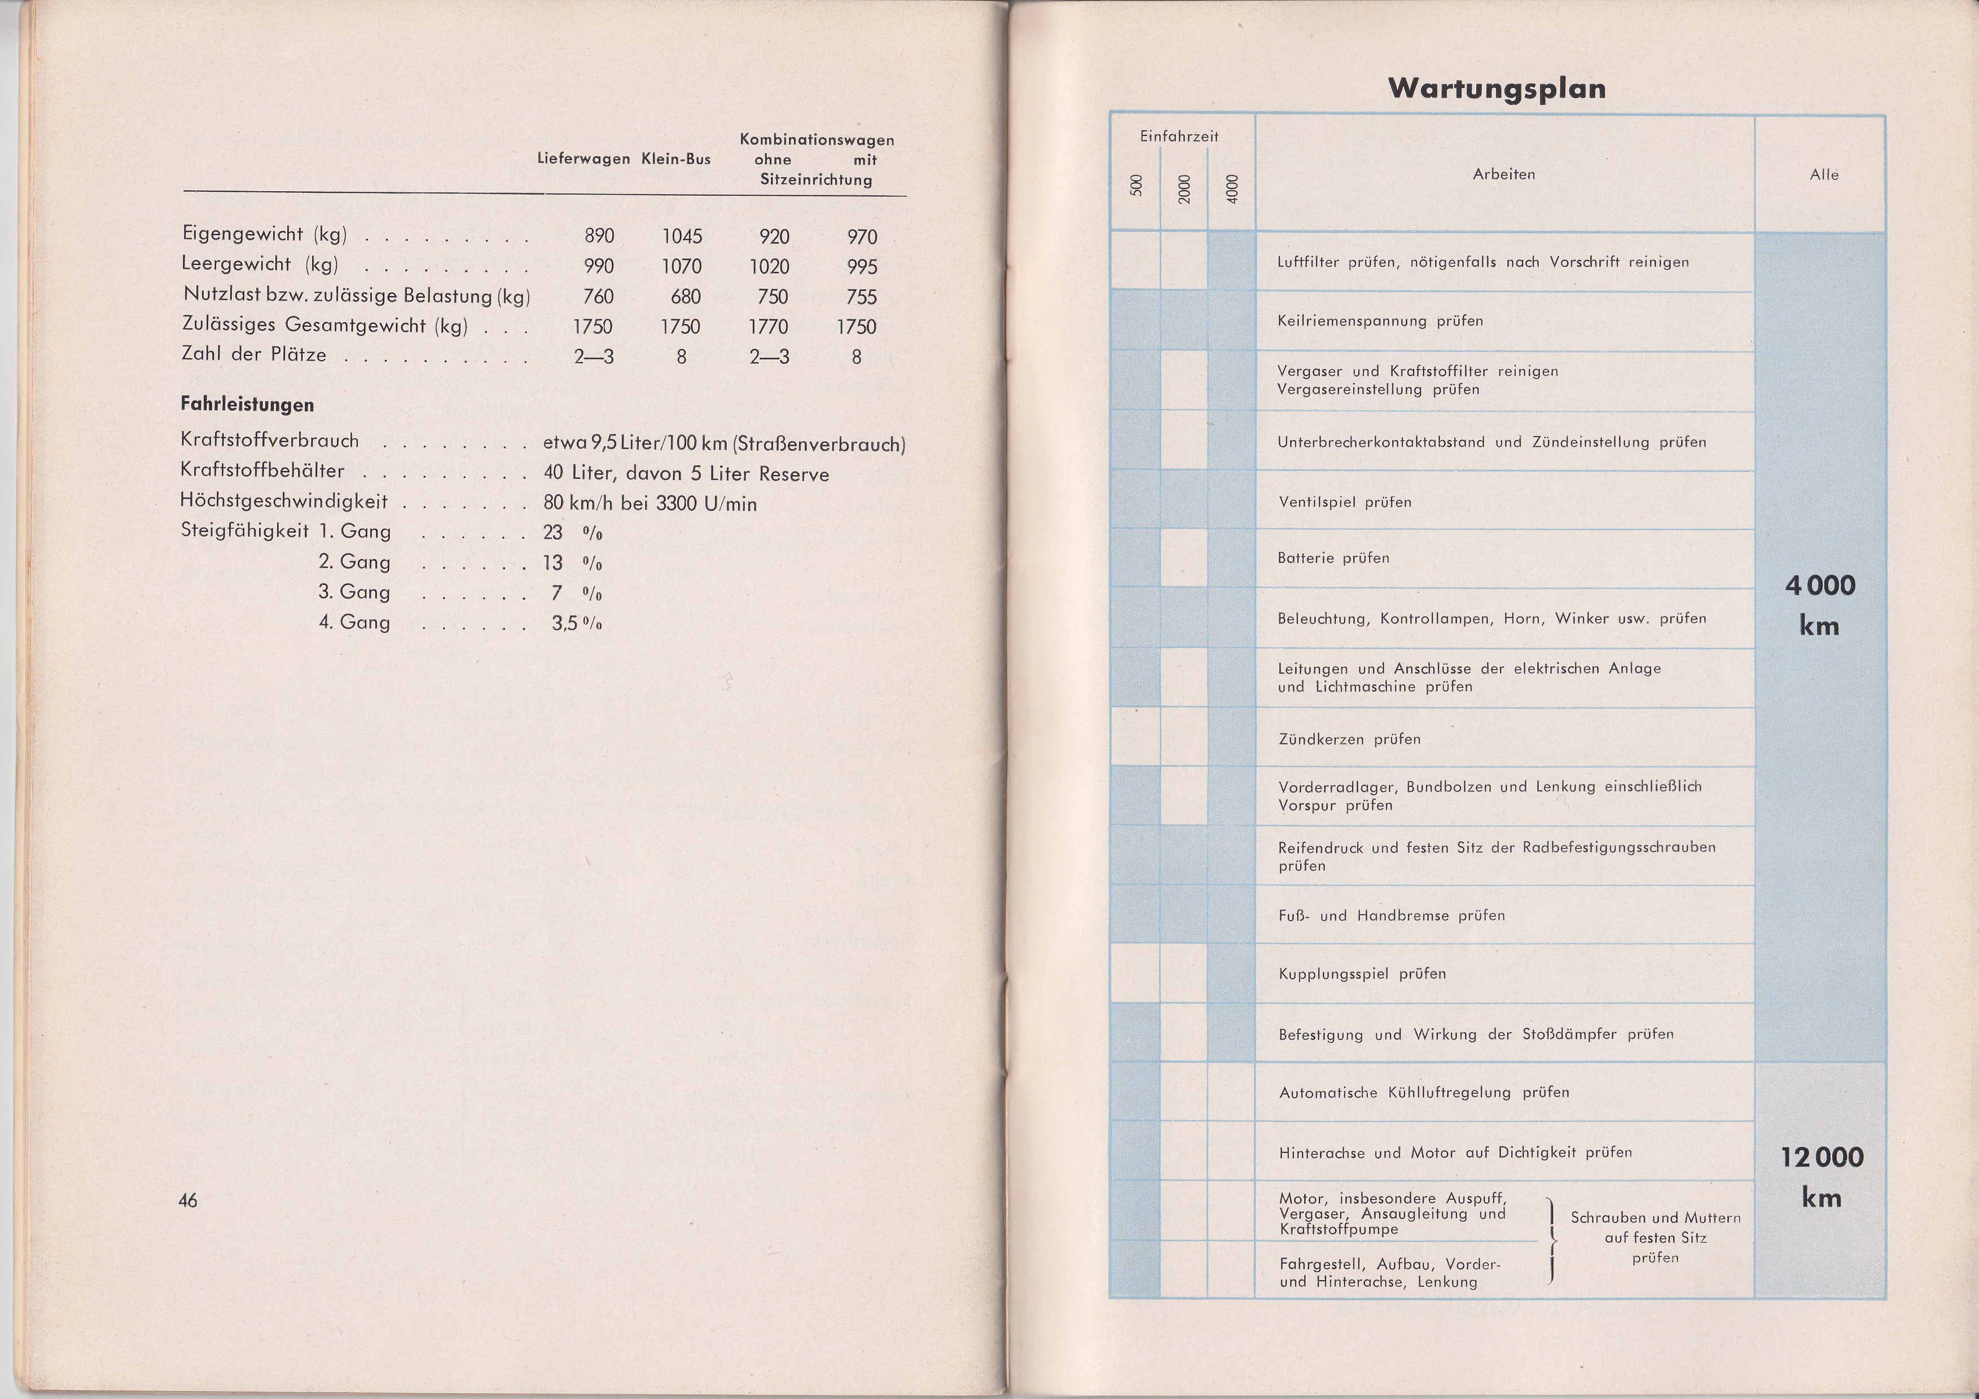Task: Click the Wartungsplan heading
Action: (1497, 88)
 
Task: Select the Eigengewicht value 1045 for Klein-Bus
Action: (682, 236)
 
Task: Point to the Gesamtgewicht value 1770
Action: (768, 327)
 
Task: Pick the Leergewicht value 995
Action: (861, 266)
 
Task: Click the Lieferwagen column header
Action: (583, 160)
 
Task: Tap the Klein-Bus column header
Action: (676, 160)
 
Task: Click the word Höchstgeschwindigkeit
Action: (284, 501)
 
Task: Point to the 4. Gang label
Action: (354, 622)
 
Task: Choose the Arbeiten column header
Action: (1504, 174)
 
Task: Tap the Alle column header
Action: (1824, 175)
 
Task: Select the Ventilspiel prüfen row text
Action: (1345, 502)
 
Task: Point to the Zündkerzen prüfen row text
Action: (1349, 739)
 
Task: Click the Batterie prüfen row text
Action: (1333, 558)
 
